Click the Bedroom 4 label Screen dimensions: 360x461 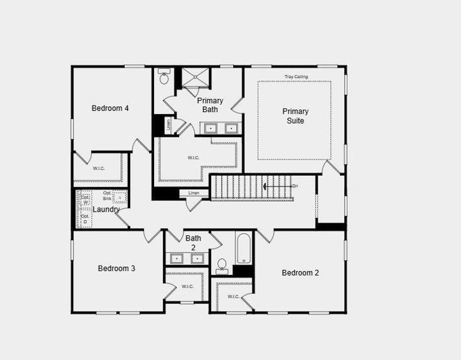click(110, 108)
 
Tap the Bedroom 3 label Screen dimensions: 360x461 click(116, 268)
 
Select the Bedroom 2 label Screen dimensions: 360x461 click(300, 272)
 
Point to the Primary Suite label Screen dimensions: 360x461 click(296, 116)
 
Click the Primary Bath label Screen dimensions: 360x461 click(210, 105)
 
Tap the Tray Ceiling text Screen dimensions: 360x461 click(296, 77)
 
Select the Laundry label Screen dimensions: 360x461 click(106, 209)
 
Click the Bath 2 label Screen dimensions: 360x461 click(193, 242)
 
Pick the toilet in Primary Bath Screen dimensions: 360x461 click(164, 78)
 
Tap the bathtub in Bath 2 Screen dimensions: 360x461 click(244, 248)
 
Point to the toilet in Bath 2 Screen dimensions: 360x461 click(222, 266)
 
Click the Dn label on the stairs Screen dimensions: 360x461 click(295, 186)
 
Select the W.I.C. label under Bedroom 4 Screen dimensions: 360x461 click(99, 169)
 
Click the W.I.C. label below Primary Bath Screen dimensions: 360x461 click(194, 158)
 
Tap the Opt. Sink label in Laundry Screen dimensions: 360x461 click(107, 195)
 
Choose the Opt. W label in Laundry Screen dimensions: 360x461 click(85, 199)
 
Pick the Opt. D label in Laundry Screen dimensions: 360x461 click(85, 218)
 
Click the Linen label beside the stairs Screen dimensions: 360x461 click(194, 193)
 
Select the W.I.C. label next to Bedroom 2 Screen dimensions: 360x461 click(233, 296)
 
